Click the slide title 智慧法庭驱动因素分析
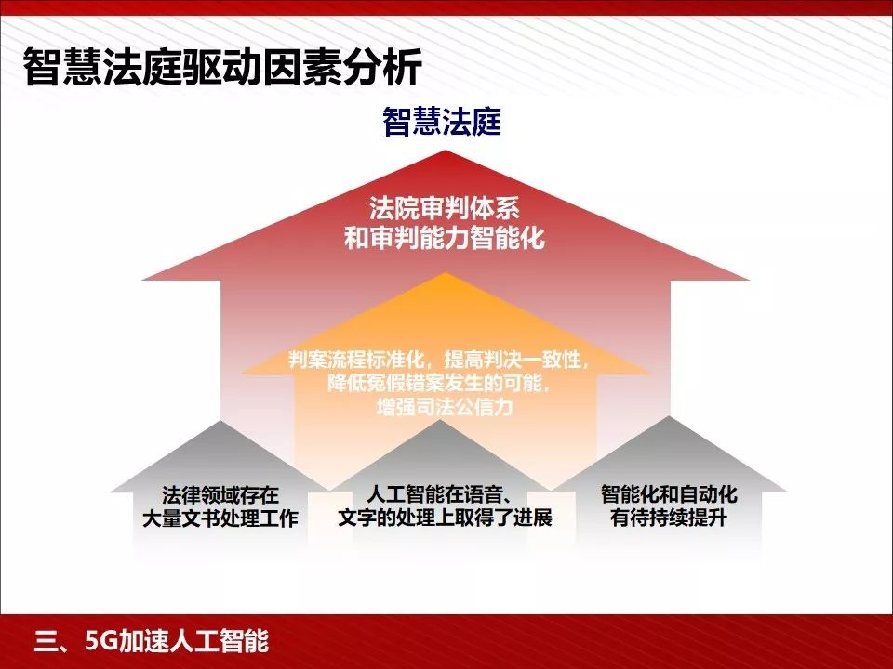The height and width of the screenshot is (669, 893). [x=222, y=67]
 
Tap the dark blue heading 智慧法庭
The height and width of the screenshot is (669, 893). [x=442, y=122]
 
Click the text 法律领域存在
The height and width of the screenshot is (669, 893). [x=220, y=494]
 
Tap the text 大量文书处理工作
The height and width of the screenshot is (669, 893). [x=220, y=518]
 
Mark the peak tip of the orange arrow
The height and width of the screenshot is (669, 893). [x=446, y=274]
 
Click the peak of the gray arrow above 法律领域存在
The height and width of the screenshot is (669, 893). [x=220, y=422]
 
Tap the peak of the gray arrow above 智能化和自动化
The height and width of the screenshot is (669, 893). [x=670, y=417]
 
